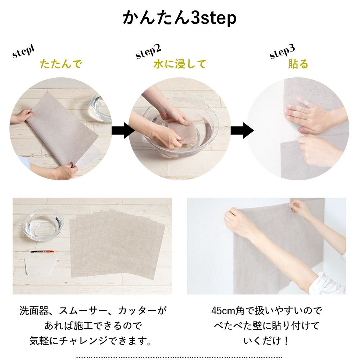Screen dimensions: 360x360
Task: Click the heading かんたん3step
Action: coord(179,18)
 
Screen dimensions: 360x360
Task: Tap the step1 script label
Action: coord(23,51)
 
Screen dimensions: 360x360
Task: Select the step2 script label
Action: coord(148,51)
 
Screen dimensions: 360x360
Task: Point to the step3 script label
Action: coord(282,51)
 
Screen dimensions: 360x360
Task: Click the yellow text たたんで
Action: coord(61,64)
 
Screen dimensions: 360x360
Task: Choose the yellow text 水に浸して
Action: coord(180,64)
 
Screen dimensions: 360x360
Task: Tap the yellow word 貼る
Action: coord(298,64)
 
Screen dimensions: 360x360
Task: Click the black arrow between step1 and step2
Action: coord(123,130)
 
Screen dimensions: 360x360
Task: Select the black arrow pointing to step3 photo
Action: coord(242,130)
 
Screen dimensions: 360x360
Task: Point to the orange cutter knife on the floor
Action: coord(42,252)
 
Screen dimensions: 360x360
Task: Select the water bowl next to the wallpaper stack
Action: coord(43,225)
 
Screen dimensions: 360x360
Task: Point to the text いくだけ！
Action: coord(266,341)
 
